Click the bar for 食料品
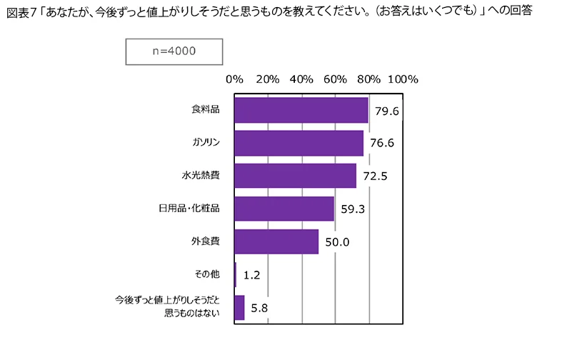[301, 110]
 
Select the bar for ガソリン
[298, 143]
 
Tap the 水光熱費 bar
[295, 176]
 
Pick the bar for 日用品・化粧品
[284, 209]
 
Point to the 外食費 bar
[276, 241]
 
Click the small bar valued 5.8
[239, 307]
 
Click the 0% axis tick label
[234, 79]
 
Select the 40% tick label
[301, 79]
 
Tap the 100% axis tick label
[403, 79]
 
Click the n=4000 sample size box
[174, 51]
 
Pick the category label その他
[206, 274]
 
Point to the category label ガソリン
[204, 143]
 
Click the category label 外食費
[206, 241]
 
